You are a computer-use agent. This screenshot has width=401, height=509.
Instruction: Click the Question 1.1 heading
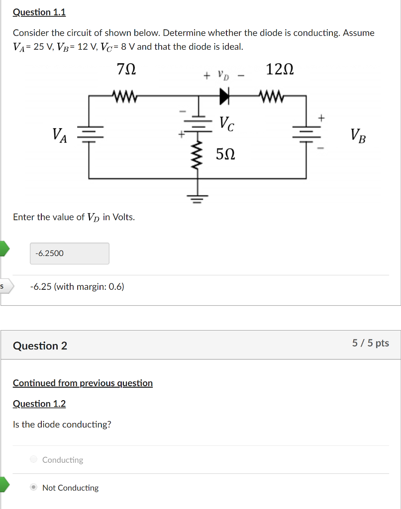pyautogui.click(x=39, y=12)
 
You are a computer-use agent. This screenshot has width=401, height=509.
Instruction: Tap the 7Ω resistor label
pyautogui.click(x=126, y=70)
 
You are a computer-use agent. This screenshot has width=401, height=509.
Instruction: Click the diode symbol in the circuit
pyautogui.click(x=225, y=95)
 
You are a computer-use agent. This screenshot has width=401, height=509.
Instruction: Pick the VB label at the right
pyautogui.click(x=357, y=135)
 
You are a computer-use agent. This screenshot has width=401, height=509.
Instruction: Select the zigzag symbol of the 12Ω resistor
pyautogui.click(x=271, y=95)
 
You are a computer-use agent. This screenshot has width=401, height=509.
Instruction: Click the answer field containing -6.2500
pyautogui.click(x=69, y=254)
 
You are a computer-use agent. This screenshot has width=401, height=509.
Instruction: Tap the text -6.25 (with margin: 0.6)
pyautogui.click(x=77, y=287)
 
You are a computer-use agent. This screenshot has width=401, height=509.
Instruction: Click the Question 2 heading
pyautogui.click(x=40, y=346)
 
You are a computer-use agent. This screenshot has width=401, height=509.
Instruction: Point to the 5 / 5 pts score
pyautogui.click(x=370, y=343)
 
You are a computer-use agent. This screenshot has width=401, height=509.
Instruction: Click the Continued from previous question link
pyautogui.click(x=83, y=383)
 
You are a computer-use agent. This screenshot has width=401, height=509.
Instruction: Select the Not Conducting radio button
pyautogui.click(x=33, y=488)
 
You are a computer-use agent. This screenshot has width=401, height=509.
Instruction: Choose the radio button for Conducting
pyautogui.click(x=33, y=460)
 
